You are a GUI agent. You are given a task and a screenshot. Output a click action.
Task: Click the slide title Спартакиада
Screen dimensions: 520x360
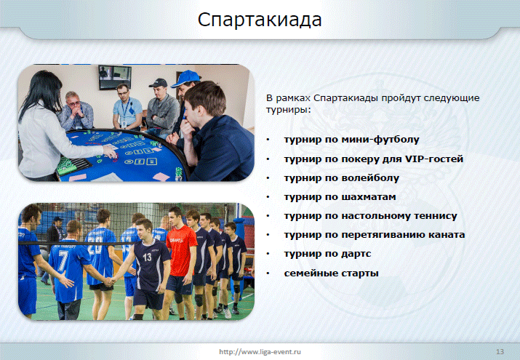pyautogui.click(x=260, y=20)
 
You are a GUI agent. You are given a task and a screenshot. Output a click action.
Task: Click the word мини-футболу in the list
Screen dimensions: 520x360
pyautogui.click(x=380, y=140)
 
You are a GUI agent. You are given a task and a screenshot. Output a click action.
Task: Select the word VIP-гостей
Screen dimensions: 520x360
pyautogui.click(x=434, y=159)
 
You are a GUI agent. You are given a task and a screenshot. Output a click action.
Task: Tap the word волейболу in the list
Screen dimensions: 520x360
pyautogui.click(x=370, y=178)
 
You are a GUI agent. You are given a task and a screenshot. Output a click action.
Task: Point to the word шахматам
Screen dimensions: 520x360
pyautogui.click(x=369, y=197)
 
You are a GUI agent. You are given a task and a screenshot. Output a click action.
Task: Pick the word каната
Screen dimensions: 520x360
pyautogui.click(x=447, y=235)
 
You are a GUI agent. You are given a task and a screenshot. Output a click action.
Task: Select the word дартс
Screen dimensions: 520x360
pyautogui.click(x=356, y=254)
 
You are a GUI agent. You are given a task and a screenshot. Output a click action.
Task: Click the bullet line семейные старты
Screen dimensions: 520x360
pyautogui.click(x=331, y=273)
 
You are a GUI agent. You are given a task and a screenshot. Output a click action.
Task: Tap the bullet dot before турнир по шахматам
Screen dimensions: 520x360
pyautogui.click(x=268, y=197)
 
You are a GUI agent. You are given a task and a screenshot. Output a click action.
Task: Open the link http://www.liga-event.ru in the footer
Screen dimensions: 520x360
pyautogui.click(x=260, y=352)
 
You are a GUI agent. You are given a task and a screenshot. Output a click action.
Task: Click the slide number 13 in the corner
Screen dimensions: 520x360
pyautogui.click(x=500, y=352)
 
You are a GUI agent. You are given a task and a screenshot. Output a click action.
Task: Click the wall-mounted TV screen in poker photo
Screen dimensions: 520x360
pyautogui.click(x=115, y=77)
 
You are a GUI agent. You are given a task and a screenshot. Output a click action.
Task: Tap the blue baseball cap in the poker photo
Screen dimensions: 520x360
pyautogui.click(x=186, y=79)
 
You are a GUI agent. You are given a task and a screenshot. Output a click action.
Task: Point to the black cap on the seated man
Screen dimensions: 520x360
pyautogui.click(x=159, y=83)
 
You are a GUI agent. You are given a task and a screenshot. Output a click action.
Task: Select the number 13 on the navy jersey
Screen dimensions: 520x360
pyautogui.click(x=147, y=257)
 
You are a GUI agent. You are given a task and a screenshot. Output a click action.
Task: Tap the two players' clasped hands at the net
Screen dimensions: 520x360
pyautogui.click(x=109, y=281)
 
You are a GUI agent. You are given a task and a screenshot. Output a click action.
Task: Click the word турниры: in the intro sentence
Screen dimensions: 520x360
pyautogui.click(x=289, y=110)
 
